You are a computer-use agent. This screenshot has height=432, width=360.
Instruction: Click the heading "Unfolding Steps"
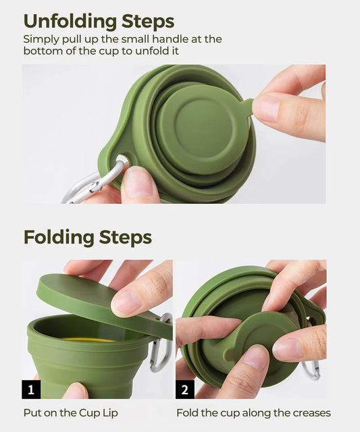(x=99, y=21)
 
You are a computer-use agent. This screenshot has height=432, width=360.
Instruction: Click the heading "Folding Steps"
(x=88, y=238)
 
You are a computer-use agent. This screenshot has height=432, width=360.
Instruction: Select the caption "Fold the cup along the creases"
(x=253, y=412)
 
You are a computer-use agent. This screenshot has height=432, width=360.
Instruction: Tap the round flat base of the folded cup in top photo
(x=199, y=128)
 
